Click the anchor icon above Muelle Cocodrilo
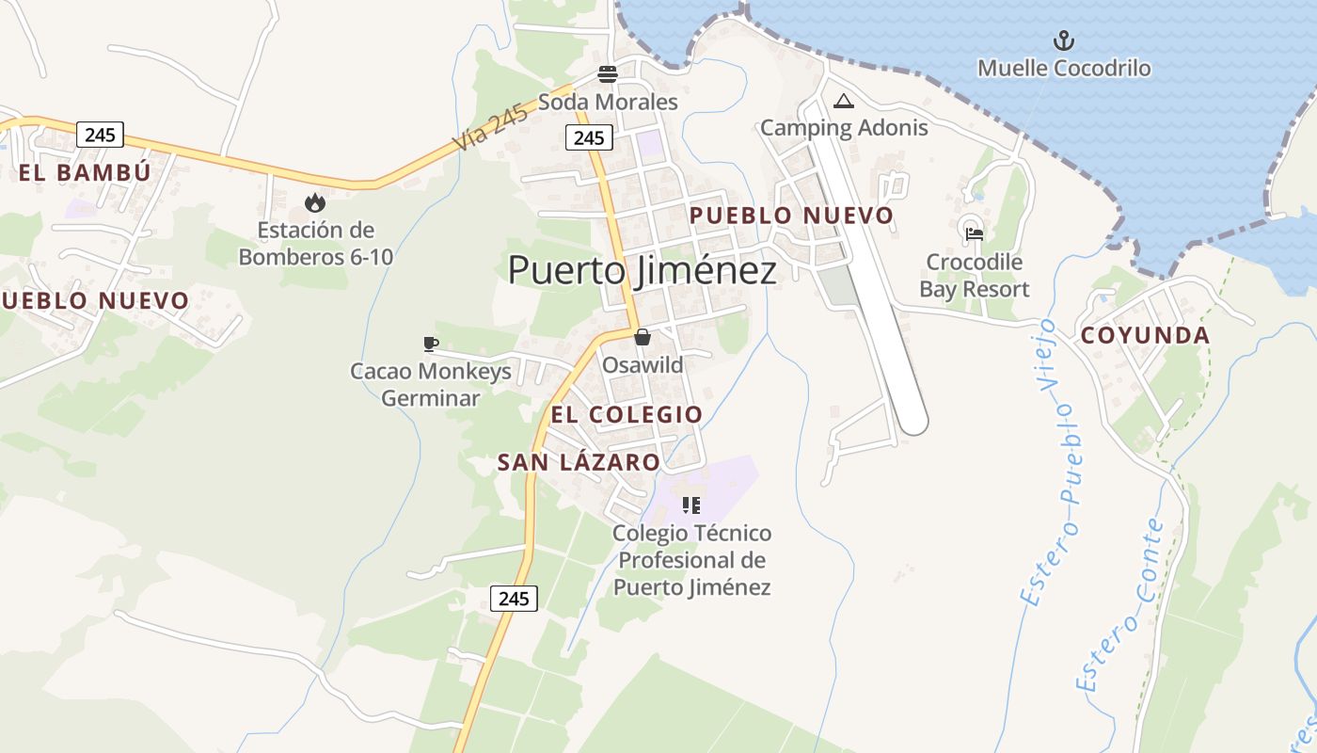tap(1063, 40)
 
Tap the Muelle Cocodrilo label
tap(1064, 69)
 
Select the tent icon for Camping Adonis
tap(843, 101)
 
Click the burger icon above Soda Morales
tap(608, 74)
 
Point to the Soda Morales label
tap(608, 102)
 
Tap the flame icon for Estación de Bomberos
tap(314, 202)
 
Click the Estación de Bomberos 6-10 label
tap(315, 243)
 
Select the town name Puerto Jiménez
tap(643, 270)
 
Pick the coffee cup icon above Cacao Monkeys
tap(431, 344)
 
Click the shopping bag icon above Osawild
tap(643, 337)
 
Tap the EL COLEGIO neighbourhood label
tap(627, 414)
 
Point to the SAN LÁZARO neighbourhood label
tap(579, 462)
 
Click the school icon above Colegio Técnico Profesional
tap(692, 505)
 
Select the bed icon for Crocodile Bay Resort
tap(974, 233)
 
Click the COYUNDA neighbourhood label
tap(1145, 336)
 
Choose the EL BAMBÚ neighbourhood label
tap(85, 172)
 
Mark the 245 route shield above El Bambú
tap(100, 135)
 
